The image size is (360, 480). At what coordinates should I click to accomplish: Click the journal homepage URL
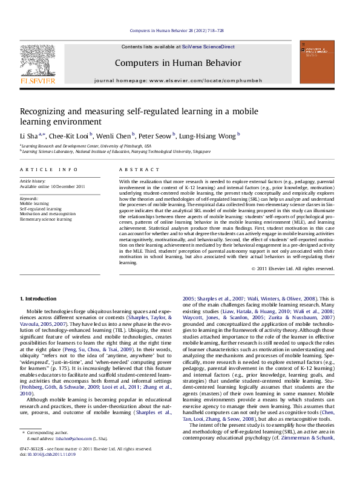[x=200, y=80]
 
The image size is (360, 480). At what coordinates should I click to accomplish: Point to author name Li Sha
[x=30, y=135]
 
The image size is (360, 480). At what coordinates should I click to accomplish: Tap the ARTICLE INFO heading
[x=49, y=170]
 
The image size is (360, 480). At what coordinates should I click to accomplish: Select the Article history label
[x=34, y=181]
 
